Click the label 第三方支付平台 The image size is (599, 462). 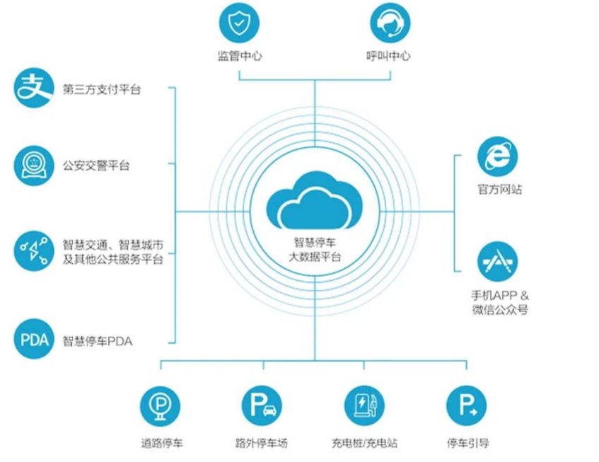[102, 90]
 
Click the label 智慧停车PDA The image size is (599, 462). [98, 342]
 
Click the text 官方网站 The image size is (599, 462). [499, 190]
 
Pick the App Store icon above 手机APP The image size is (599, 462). [497, 262]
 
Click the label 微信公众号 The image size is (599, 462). [500, 310]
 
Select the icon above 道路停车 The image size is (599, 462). [161, 405]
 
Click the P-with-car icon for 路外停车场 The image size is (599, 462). [262, 405]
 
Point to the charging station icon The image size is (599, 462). [364, 405]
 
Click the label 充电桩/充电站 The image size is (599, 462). [364, 444]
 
